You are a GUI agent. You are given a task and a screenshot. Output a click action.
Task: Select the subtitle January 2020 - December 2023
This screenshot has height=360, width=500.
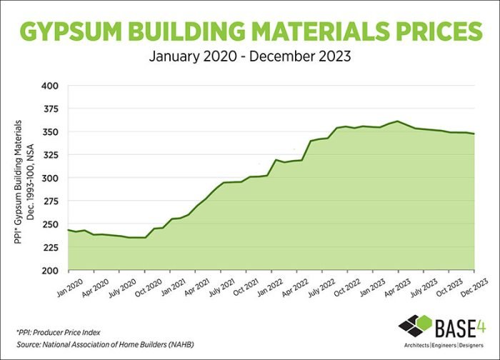[x=250, y=56]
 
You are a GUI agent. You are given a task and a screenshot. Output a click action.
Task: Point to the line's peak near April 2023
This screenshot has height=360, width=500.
[x=397, y=121]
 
